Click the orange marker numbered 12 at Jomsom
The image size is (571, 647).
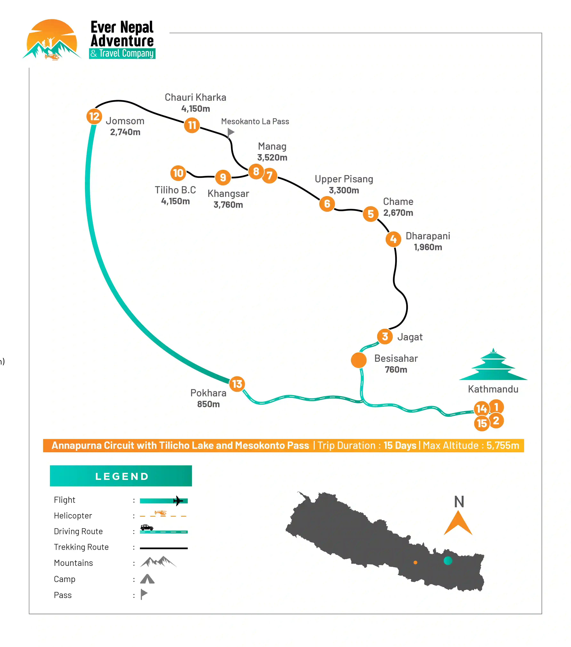[x=94, y=117]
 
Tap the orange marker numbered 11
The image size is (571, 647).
[x=192, y=125]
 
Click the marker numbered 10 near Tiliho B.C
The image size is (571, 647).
[x=178, y=173]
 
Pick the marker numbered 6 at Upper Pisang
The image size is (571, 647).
[x=327, y=204]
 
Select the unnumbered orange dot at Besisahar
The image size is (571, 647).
[x=359, y=360]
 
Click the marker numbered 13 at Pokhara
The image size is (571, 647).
[x=237, y=384]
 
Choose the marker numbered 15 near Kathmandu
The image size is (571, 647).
[x=482, y=423]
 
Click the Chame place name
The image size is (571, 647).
[x=398, y=202]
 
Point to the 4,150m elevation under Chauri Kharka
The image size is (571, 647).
[x=196, y=109]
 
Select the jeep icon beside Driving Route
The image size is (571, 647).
[x=147, y=527]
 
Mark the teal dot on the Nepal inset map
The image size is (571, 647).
[x=448, y=561]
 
